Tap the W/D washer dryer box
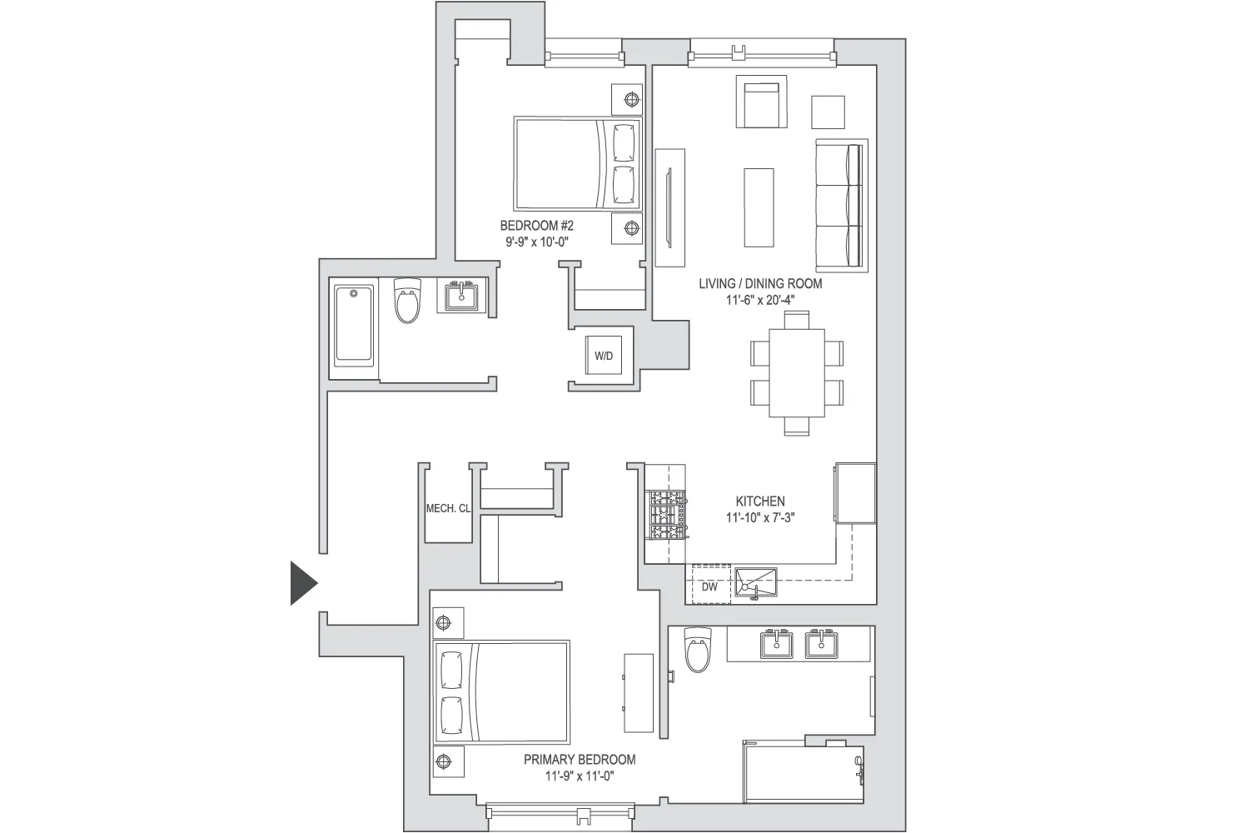click(604, 356)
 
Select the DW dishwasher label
click(709, 586)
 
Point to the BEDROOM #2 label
click(536, 226)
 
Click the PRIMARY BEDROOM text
click(580, 760)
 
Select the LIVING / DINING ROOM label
click(759, 283)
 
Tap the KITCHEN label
click(759, 501)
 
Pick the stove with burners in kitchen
click(665, 515)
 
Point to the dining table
click(796, 372)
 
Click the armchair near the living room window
click(761, 102)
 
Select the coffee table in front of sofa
click(758, 207)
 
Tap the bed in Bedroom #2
click(578, 164)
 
